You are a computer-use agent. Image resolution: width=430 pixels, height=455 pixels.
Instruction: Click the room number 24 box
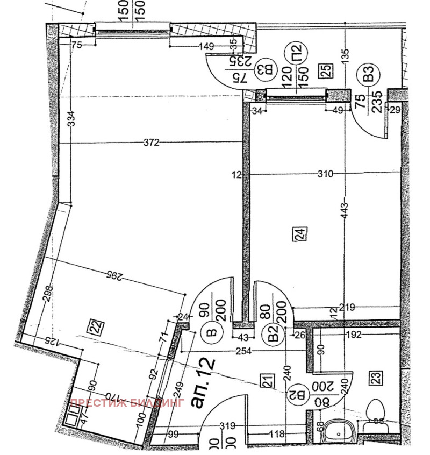(x=299, y=234)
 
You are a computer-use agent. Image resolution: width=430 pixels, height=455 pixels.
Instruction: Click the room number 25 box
(x=326, y=69)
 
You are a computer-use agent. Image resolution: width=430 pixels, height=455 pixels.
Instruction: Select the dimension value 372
(x=152, y=143)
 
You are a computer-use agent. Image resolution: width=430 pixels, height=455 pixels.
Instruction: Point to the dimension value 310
(x=325, y=174)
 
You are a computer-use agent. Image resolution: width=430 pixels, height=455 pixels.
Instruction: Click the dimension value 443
(x=345, y=208)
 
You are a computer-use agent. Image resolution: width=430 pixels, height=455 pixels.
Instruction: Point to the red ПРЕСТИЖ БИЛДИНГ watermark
(x=127, y=402)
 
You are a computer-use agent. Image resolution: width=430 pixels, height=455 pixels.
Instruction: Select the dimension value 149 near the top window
(x=206, y=46)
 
